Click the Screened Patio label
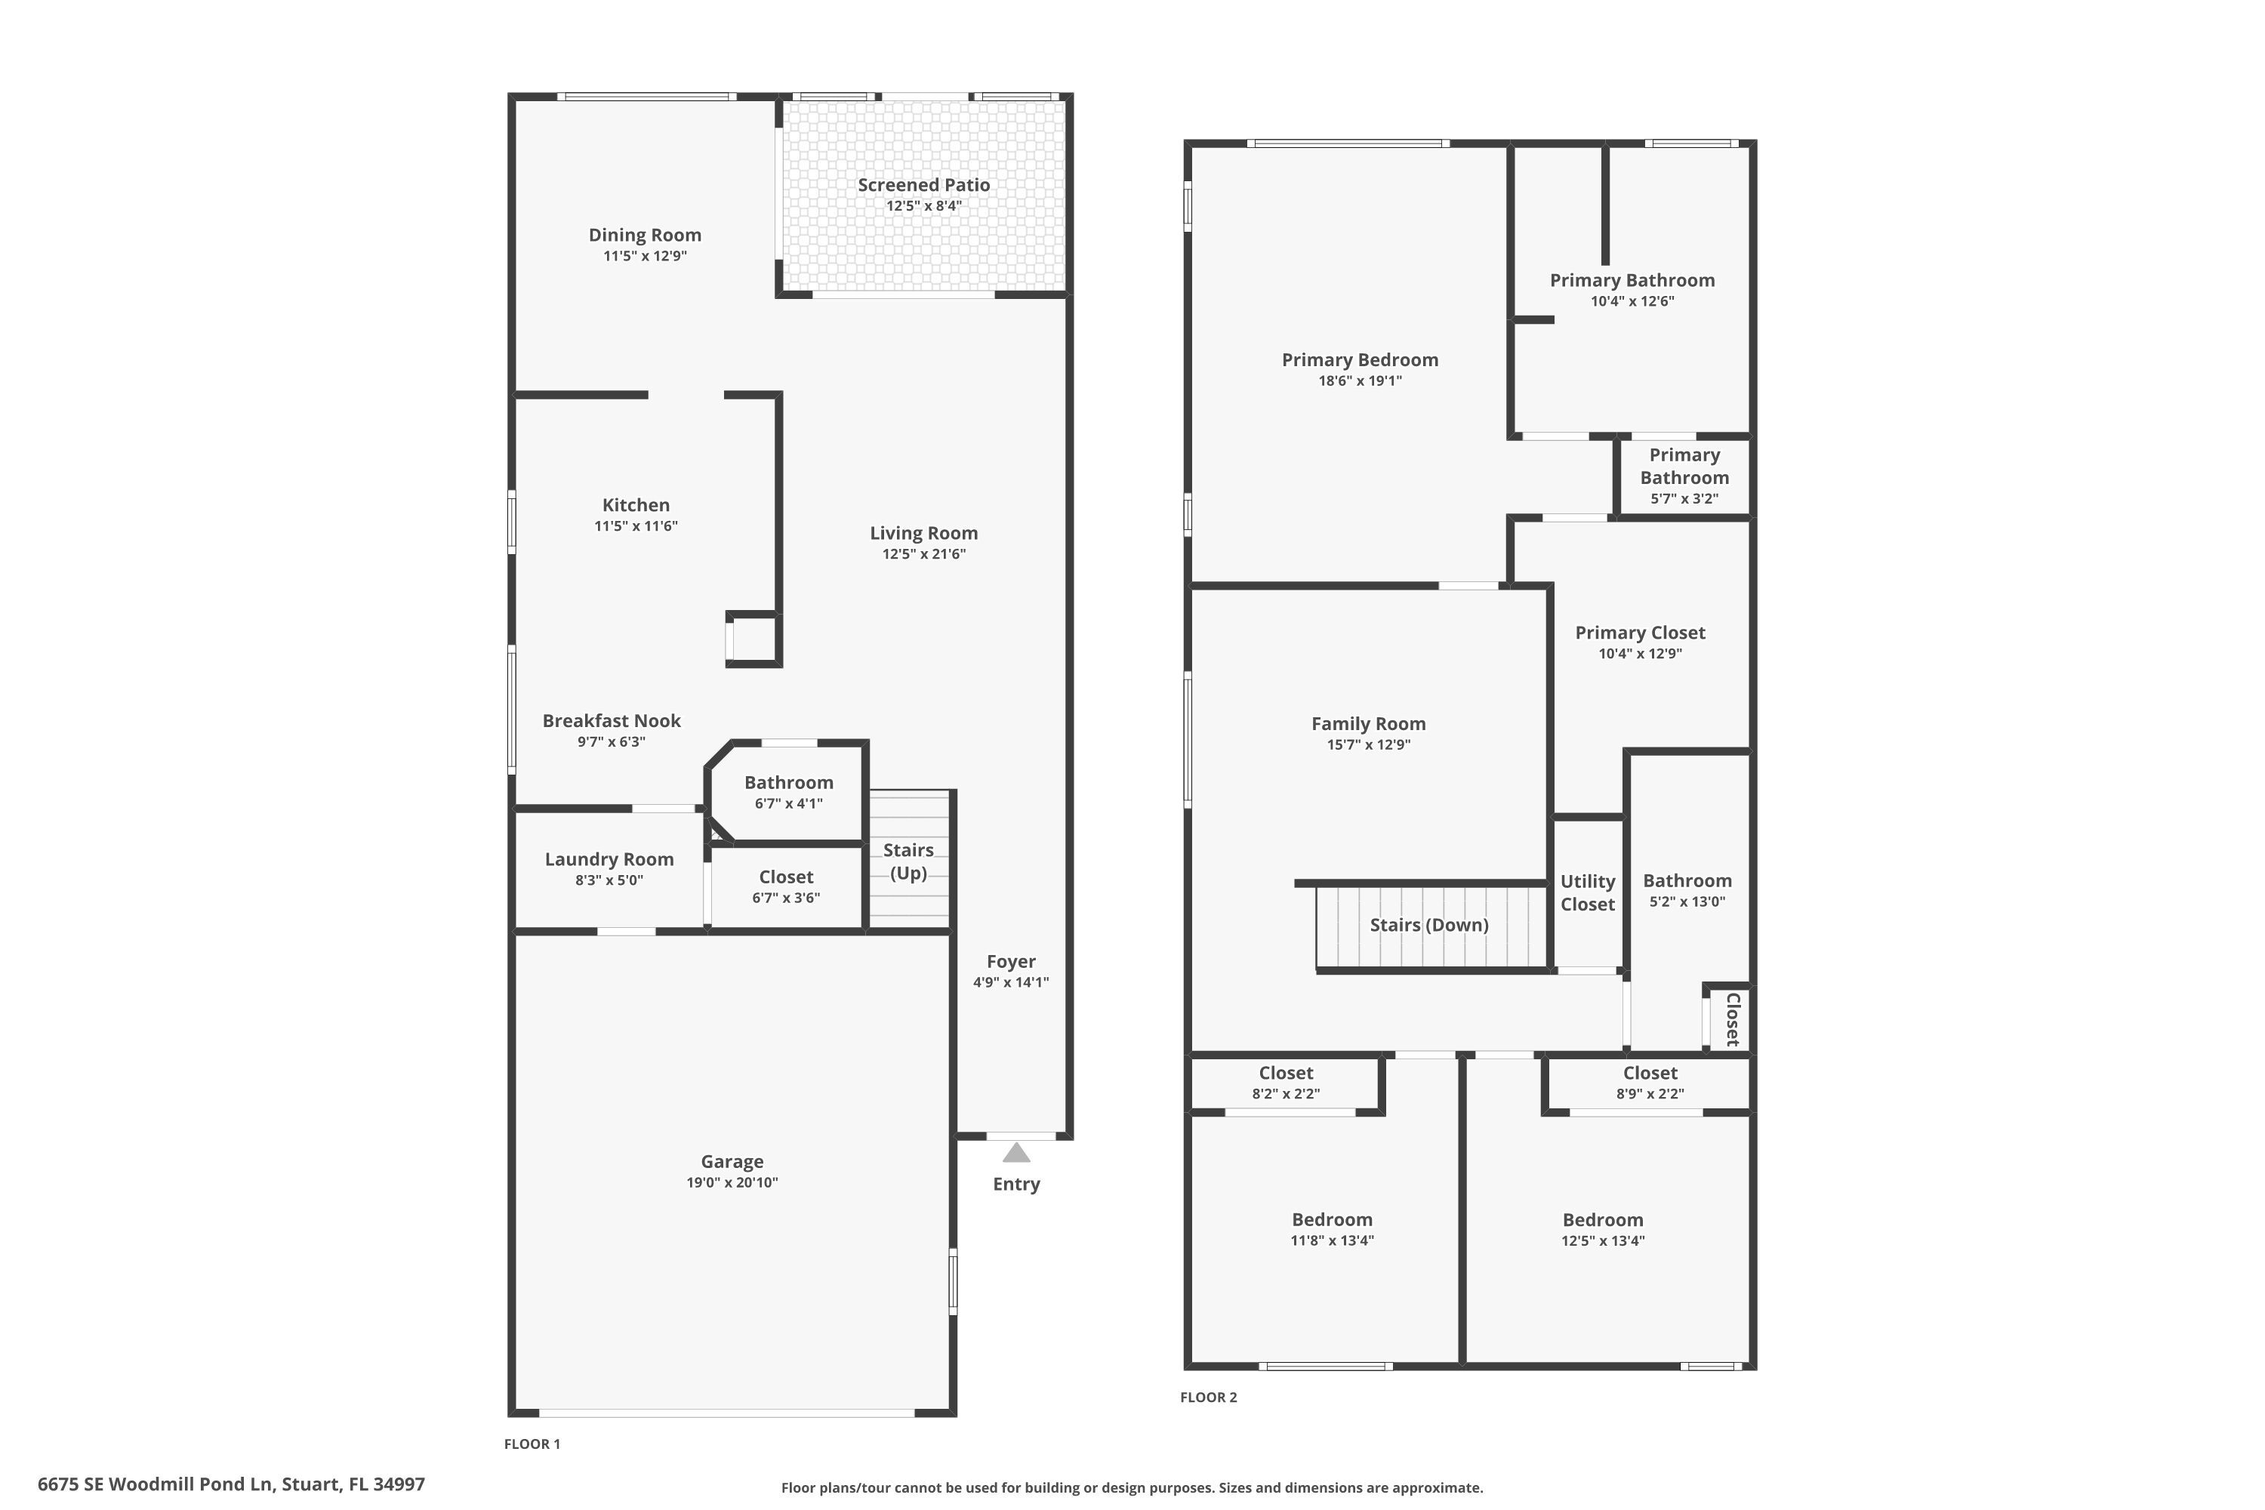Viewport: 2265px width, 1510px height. (923, 185)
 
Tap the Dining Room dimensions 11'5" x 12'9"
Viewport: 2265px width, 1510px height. (644, 256)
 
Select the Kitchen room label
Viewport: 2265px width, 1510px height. (636, 504)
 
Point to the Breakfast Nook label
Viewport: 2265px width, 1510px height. (612, 720)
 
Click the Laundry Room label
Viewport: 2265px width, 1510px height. (609, 859)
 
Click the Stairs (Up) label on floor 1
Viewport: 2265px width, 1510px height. (908, 861)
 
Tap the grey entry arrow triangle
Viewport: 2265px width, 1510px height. (1016, 1153)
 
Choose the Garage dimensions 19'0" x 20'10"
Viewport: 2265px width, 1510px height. (732, 1182)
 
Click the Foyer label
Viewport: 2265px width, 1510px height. (1010, 961)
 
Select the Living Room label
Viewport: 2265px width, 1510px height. (923, 532)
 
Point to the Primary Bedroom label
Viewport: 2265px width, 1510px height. (1360, 360)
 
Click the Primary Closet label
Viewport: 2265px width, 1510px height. (1640, 633)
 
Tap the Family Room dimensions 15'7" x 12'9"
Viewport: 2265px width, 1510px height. (1368, 744)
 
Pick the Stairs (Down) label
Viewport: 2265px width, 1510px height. (1429, 924)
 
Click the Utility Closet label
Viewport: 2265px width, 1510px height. (1588, 892)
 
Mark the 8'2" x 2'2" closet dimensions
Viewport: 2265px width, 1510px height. (1286, 1094)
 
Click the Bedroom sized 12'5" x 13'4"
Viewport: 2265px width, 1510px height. (1602, 1220)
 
